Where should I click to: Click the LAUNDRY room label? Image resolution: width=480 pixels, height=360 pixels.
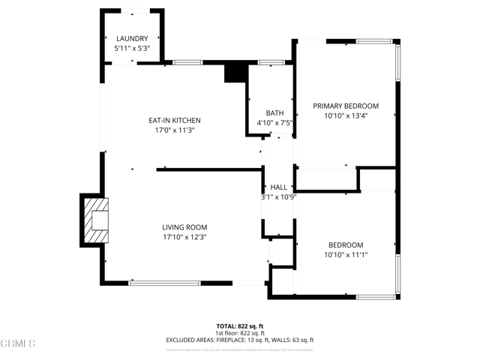pyautogui.click(x=131, y=39)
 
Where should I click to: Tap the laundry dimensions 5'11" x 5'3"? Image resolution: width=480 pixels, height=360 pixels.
pyautogui.click(x=131, y=48)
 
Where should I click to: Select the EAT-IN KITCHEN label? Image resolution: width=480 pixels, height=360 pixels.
pyautogui.click(x=174, y=121)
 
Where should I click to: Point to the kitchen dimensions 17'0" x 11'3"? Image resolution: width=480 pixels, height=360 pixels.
pyautogui.click(x=174, y=130)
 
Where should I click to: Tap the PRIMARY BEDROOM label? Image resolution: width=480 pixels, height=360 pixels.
pyautogui.click(x=346, y=106)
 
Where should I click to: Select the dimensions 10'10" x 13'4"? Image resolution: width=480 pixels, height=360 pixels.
pyautogui.click(x=346, y=115)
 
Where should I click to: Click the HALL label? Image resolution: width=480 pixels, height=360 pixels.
pyautogui.click(x=279, y=187)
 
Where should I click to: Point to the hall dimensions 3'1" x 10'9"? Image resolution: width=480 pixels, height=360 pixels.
pyautogui.click(x=279, y=196)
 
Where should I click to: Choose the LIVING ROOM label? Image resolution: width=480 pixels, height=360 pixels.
pyautogui.click(x=184, y=227)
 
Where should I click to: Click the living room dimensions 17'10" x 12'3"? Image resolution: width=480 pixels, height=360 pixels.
pyautogui.click(x=184, y=237)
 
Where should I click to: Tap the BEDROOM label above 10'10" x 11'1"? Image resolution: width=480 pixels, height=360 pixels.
pyautogui.click(x=346, y=245)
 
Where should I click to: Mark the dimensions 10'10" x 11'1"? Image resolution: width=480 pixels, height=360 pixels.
pyautogui.click(x=346, y=255)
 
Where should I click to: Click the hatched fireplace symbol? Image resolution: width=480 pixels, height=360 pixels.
pyautogui.click(x=95, y=221)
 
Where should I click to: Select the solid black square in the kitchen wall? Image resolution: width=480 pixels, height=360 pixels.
pyautogui.click(x=236, y=73)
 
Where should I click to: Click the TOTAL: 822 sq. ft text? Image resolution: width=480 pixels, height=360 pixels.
pyautogui.click(x=239, y=325)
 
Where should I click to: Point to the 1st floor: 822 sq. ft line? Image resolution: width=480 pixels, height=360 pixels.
pyautogui.click(x=239, y=332)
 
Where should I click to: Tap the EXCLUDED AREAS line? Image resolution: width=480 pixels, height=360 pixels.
pyautogui.click(x=239, y=340)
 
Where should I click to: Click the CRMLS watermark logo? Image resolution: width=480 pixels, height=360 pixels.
pyautogui.click(x=18, y=344)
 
